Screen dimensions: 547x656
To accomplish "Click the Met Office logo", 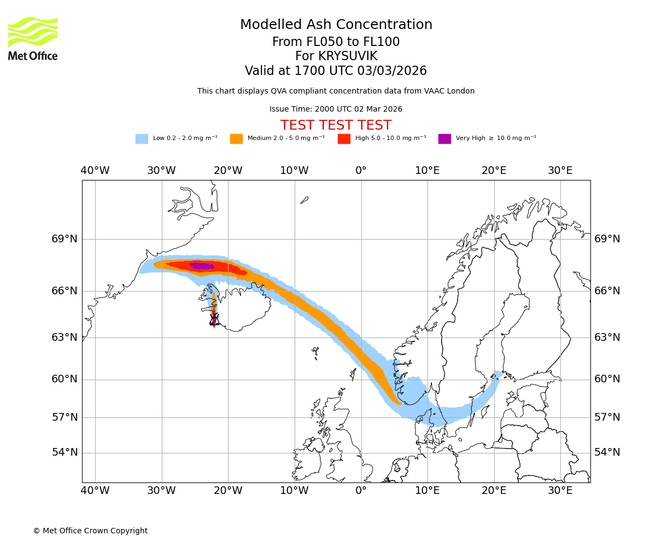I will (33, 38).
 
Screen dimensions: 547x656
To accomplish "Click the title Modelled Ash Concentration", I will (336, 25).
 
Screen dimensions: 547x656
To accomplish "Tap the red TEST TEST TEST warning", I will (336, 125).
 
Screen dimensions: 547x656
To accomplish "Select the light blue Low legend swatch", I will (142, 139).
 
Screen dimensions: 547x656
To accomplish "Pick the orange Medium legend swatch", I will (236, 139).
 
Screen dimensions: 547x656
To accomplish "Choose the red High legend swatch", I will (344, 139).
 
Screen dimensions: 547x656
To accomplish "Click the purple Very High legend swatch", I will (444, 139).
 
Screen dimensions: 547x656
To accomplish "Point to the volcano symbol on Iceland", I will (214, 319).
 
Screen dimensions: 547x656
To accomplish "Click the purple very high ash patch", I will (202, 266).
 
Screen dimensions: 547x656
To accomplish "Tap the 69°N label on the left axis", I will (65, 239).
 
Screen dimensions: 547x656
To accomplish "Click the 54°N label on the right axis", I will (607, 452).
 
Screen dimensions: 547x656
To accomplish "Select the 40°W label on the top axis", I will (95, 171).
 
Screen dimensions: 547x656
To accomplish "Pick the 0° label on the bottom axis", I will (361, 490).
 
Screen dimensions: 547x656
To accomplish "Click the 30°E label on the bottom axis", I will (560, 490).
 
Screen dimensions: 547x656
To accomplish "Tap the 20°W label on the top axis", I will (228, 171).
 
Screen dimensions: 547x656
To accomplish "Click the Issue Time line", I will (336, 109).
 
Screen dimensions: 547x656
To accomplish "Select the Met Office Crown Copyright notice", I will (90, 531).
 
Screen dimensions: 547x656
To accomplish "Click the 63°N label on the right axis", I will (607, 337).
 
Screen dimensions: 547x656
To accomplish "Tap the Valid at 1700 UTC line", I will (336, 71).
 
